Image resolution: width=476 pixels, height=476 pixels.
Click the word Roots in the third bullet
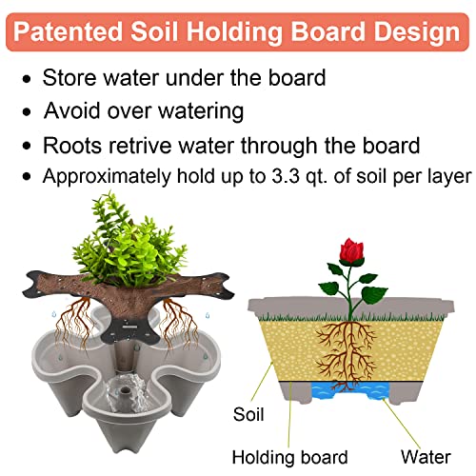pyautogui.click(x=71, y=146)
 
